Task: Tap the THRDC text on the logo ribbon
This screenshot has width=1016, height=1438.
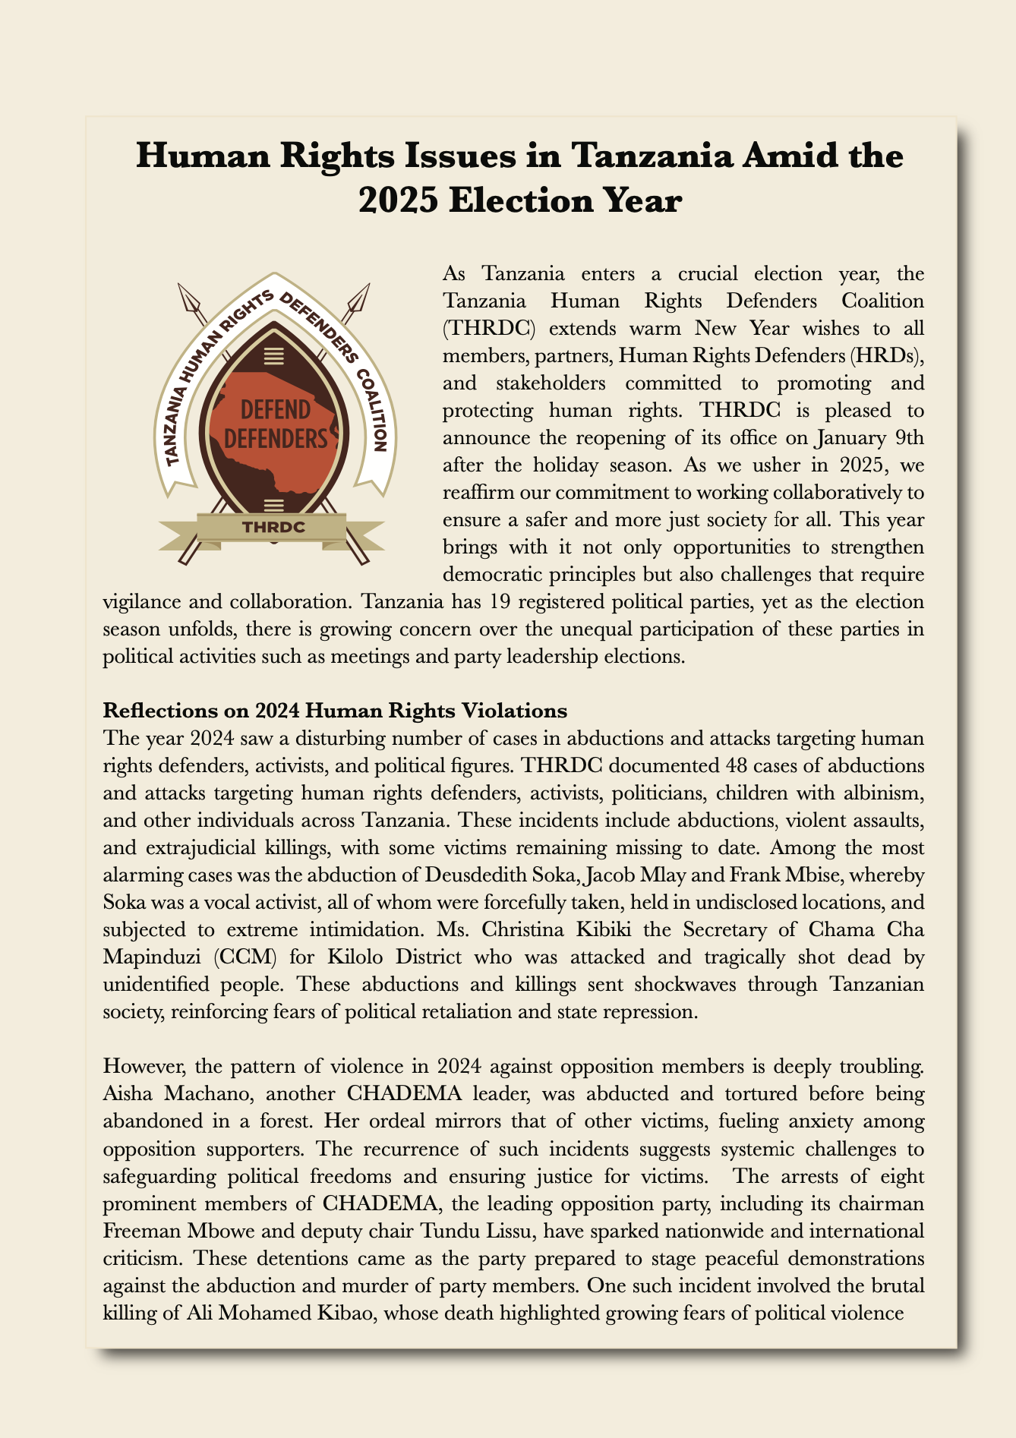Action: (x=273, y=527)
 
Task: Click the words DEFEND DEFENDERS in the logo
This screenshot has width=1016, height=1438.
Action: (x=276, y=424)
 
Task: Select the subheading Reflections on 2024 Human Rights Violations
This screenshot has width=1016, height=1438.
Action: (x=335, y=711)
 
